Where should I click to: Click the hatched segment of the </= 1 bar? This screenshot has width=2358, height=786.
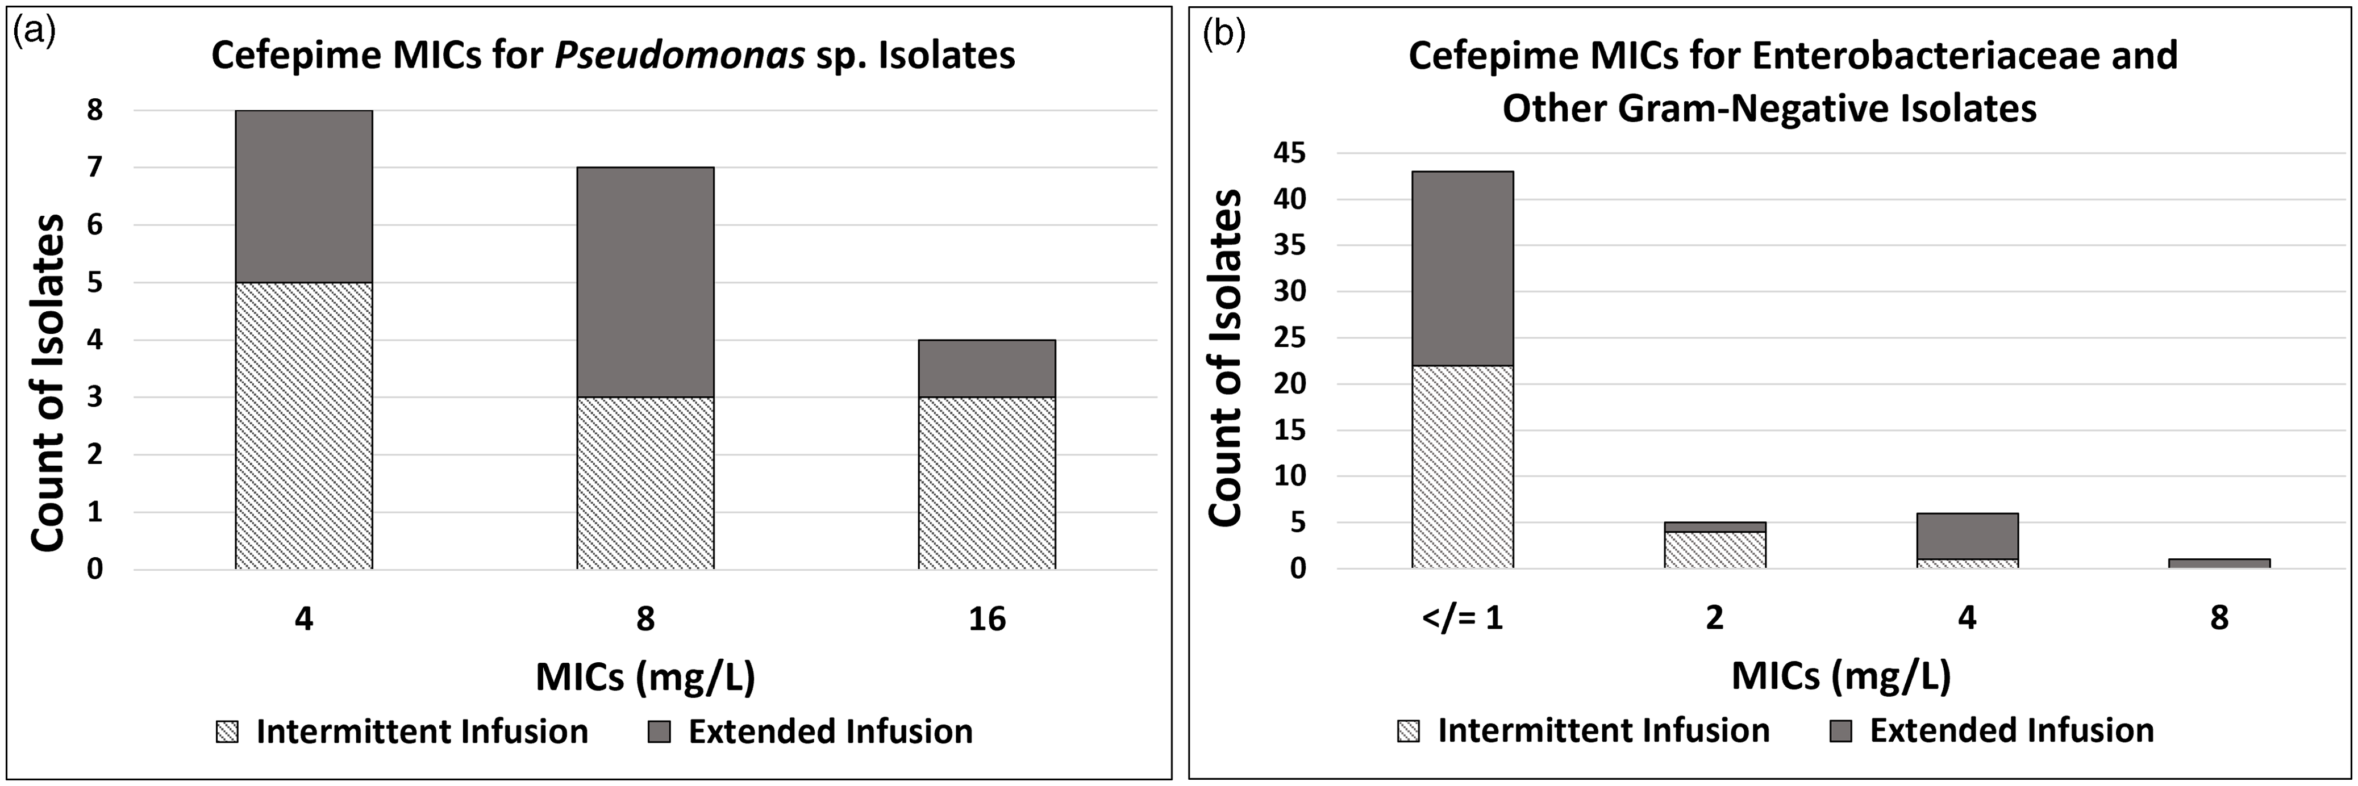tap(1462, 467)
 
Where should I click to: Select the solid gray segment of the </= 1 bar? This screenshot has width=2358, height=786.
tap(1462, 268)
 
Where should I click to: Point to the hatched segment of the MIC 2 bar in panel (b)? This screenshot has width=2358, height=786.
tap(1714, 550)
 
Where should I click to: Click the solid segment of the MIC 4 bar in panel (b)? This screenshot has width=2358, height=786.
tap(1967, 536)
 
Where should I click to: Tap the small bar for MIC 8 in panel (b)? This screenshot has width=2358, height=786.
tap(2219, 563)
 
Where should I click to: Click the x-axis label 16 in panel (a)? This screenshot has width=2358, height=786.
tap(987, 620)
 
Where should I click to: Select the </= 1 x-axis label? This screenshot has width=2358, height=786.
tap(1462, 618)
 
